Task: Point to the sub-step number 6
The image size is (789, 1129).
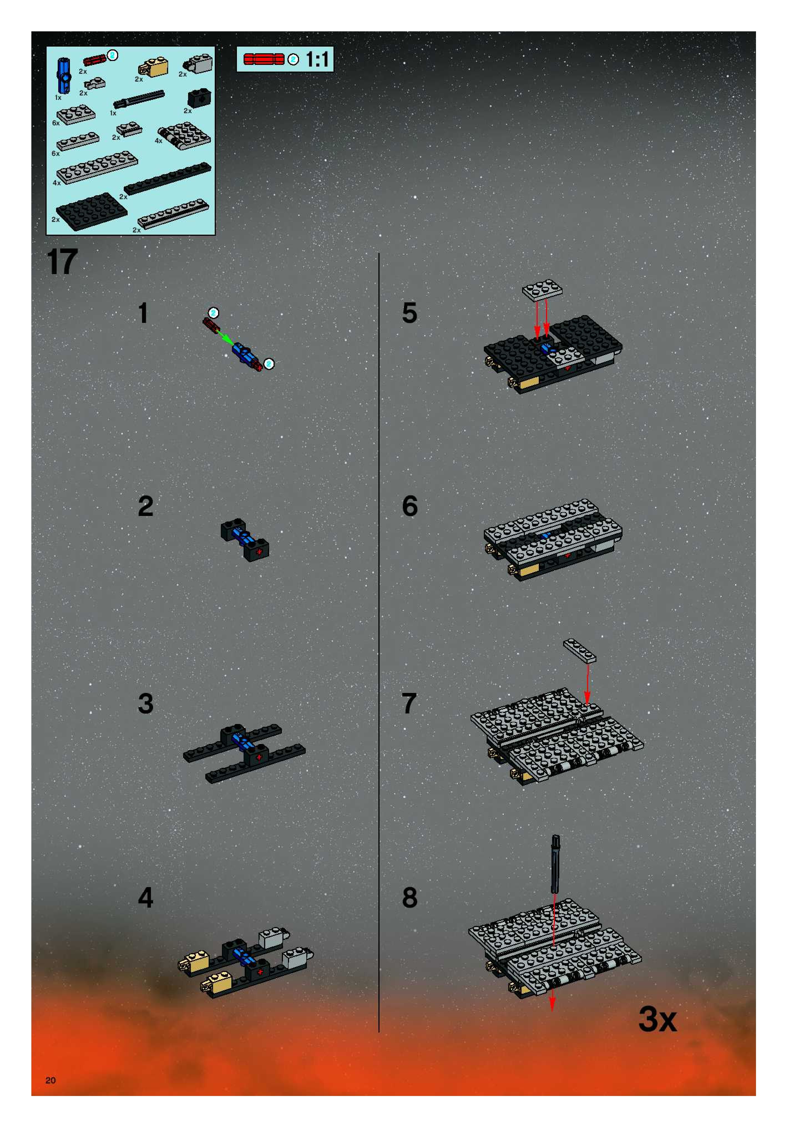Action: (410, 506)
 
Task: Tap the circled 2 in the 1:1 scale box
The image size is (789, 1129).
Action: (293, 59)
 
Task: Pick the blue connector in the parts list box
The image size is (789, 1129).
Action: (64, 76)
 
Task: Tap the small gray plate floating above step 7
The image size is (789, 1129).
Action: (580, 650)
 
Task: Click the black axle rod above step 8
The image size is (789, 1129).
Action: (555, 864)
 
